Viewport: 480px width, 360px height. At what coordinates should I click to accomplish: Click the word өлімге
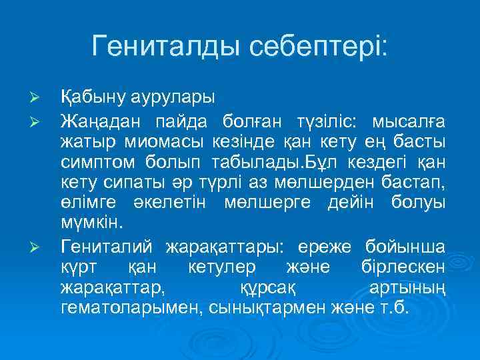coord(85,205)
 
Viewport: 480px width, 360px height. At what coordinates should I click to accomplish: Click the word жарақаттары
coord(221,247)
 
